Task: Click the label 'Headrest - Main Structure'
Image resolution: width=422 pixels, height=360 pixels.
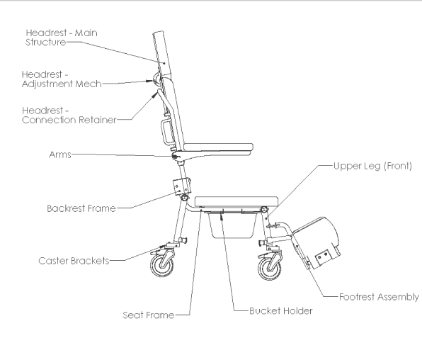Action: point(62,38)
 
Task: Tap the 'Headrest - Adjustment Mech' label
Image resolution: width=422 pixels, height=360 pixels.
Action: point(62,79)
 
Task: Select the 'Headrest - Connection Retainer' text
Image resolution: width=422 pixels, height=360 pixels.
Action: point(69,115)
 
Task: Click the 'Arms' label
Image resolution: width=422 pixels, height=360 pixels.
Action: point(60,154)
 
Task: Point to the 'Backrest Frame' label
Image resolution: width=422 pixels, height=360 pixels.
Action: point(81,208)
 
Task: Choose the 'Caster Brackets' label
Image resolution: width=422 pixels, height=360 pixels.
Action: point(74,261)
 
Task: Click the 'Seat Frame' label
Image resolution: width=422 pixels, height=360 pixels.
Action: point(149,315)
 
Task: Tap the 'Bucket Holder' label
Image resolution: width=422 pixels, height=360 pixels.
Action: point(281,311)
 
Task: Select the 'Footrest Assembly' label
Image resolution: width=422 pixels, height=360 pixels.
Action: point(379,297)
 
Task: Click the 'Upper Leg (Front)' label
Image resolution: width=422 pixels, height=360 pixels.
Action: point(372,166)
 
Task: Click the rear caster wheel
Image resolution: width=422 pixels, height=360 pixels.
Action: point(161,265)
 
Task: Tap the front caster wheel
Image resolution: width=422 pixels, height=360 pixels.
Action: point(269,269)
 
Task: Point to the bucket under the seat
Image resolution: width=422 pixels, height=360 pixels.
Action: point(232,225)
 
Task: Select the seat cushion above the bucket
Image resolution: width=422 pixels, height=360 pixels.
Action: point(236,202)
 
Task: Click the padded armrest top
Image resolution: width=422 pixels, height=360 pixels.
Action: point(218,147)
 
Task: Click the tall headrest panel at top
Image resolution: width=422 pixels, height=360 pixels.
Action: point(162,54)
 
